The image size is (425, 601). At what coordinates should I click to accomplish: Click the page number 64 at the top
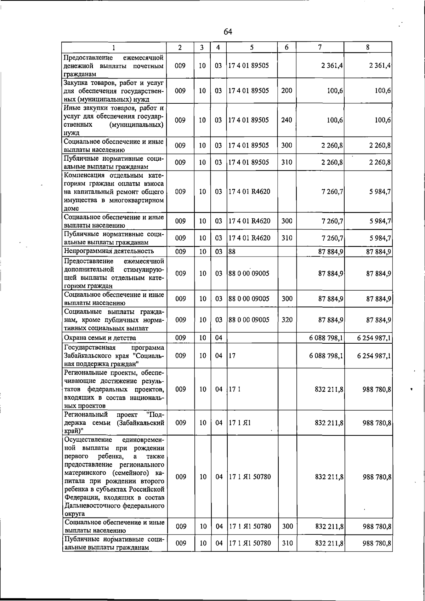228,32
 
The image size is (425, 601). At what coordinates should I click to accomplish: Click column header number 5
251,47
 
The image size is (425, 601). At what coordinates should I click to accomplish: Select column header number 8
368,47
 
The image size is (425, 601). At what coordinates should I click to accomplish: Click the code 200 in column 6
287,91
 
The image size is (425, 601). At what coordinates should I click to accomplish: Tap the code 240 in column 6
287,120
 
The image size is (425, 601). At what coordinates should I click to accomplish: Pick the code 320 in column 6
287,320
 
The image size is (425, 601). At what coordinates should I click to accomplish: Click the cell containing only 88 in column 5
232,251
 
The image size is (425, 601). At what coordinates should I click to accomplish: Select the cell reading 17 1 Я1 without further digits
240,423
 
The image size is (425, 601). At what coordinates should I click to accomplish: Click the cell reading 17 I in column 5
235,389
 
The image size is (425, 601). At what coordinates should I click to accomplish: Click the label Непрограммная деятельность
109,251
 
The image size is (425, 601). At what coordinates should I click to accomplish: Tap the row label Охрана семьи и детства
100,338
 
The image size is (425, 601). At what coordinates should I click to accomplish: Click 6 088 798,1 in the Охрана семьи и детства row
326,338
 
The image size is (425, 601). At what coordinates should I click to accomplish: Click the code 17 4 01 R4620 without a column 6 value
249,192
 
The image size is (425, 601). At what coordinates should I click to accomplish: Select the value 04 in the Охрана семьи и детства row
219,338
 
